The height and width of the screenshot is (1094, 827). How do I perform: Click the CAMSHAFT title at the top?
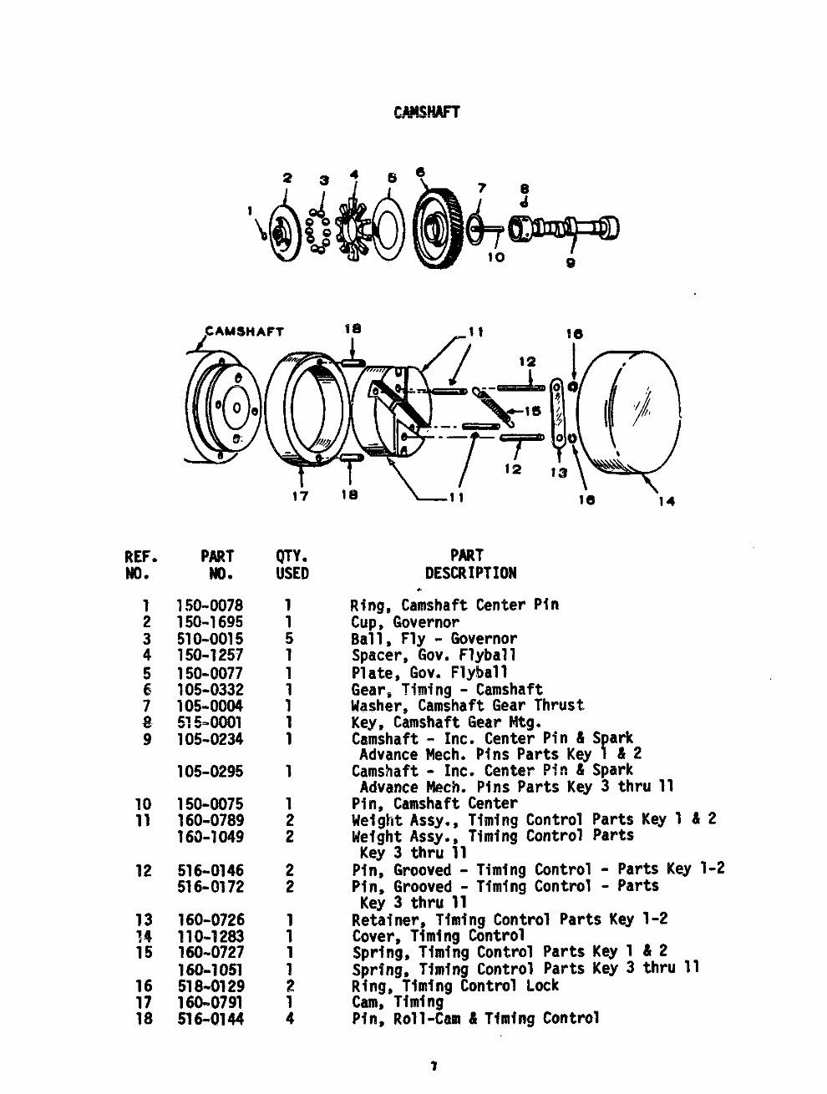click(x=426, y=112)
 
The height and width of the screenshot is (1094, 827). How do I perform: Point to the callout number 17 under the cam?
click(x=300, y=496)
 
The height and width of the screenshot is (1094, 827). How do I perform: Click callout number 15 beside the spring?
click(x=532, y=411)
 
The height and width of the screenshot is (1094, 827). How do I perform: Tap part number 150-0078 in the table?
click(x=210, y=605)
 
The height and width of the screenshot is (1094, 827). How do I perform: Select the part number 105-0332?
click(x=210, y=689)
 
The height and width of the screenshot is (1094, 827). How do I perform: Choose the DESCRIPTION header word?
click(x=470, y=574)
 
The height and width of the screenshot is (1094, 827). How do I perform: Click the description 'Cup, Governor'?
click(x=404, y=622)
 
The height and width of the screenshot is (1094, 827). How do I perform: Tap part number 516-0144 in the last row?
click(x=211, y=1019)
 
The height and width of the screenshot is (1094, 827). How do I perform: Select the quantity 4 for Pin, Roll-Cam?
click(x=289, y=1019)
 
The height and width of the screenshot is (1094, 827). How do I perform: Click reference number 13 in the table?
click(x=144, y=919)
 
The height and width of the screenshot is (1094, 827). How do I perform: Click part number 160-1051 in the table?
click(x=211, y=970)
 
